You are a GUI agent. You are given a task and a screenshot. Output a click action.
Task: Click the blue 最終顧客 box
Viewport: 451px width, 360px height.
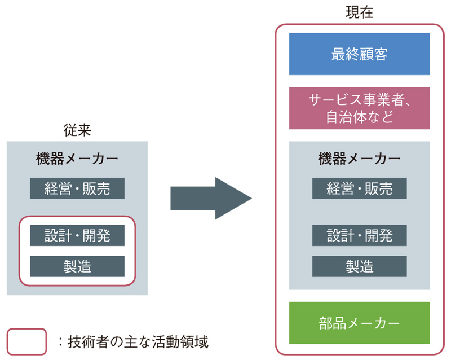pos(359,54)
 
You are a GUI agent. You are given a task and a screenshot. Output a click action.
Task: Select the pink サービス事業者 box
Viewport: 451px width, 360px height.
pos(359,108)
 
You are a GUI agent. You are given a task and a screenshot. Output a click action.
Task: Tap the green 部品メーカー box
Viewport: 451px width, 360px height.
pos(359,323)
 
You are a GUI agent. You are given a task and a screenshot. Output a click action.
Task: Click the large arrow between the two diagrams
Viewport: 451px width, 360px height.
pos(210,198)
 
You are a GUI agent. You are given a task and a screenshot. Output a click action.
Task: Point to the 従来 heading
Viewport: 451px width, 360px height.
pos(77,130)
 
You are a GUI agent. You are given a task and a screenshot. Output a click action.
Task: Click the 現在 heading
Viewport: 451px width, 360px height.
pos(359,12)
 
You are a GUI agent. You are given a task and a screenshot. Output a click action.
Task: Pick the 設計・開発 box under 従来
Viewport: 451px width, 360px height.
pos(77,235)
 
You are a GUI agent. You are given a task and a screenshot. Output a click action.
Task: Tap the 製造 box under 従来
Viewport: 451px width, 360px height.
pos(77,266)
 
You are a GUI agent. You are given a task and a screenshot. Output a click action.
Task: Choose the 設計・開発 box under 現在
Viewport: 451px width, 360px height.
pos(359,235)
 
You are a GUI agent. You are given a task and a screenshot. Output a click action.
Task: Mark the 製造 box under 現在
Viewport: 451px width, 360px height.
pos(359,266)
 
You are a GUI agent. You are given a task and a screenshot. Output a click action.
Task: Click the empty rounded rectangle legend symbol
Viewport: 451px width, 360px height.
pos(26,341)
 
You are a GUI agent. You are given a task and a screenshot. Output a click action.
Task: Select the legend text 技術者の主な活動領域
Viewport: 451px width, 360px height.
pos(138,341)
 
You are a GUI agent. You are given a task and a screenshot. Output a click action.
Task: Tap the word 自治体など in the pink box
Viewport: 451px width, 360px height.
pos(359,118)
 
